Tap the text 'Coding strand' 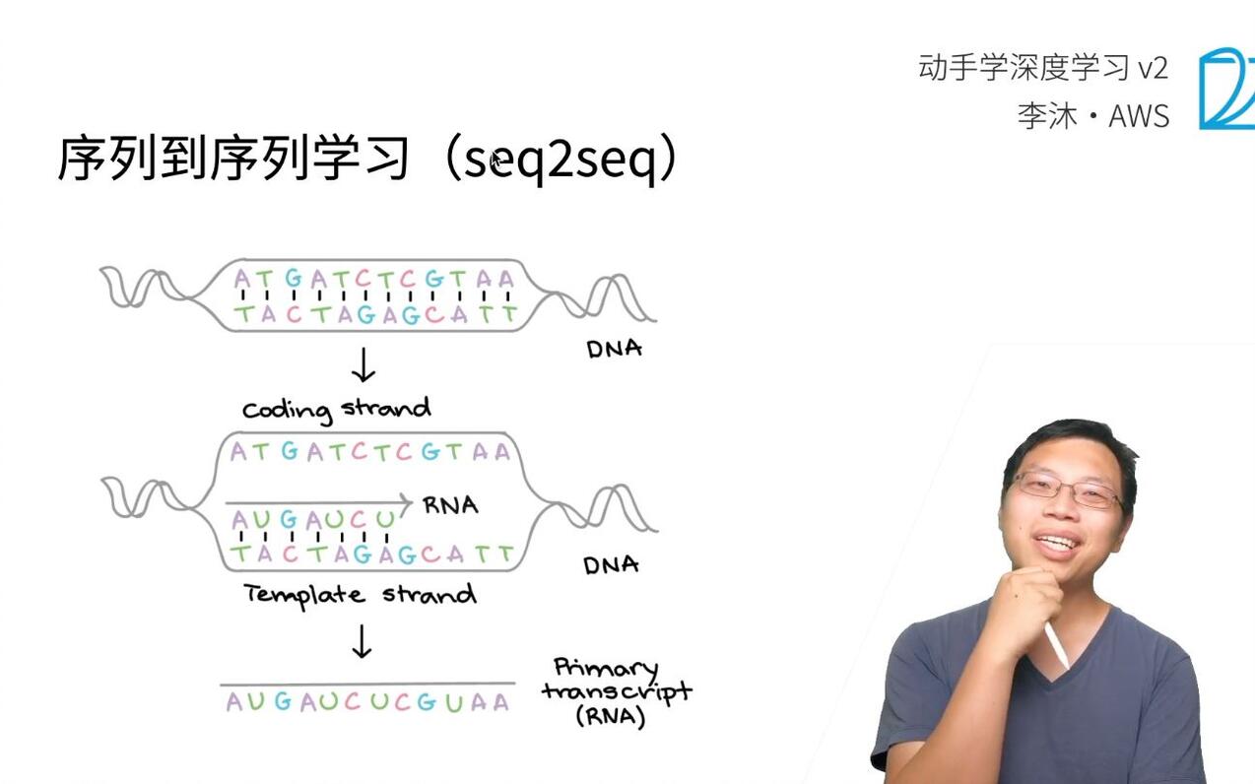[x=337, y=409]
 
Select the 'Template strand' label [x=360, y=595]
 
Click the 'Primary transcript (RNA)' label [x=616, y=691]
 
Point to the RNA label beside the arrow [x=450, y=505]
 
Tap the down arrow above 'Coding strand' [x=363, y=365]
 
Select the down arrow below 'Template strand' [x=362, y=641]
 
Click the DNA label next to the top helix [x=614, y=349]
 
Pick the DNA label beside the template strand [x=611, y=564]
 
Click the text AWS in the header [x=1139, y=116]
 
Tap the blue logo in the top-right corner [x=1225, y=89]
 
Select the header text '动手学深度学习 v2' [x=1042, y=68]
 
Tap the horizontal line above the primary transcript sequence [x=366, y=683]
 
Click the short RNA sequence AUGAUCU [x=312, y=519]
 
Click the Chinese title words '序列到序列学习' [x=233, y=160]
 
